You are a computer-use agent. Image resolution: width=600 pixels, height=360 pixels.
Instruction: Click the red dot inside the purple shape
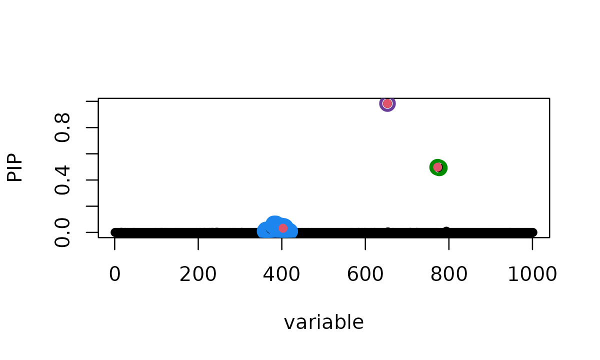[387, 103]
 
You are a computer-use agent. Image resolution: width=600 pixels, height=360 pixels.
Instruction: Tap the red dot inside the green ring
[437, 167]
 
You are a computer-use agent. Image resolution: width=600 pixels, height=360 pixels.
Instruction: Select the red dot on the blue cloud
[283, 228]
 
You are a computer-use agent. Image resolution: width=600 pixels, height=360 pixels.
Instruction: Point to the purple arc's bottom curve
[387, 110]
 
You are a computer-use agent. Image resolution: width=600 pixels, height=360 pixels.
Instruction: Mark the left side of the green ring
[431, 167]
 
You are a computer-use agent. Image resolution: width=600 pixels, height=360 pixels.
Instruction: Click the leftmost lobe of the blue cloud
[262, 230]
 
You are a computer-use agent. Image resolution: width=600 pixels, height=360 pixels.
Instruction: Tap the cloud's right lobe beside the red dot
[293, 230]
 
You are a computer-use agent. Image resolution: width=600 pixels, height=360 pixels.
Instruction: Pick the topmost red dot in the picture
[387, 103]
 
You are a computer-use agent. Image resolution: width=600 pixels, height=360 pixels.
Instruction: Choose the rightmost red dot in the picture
[437, 167]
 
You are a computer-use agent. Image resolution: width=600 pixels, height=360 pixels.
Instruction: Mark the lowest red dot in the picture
[283, 228]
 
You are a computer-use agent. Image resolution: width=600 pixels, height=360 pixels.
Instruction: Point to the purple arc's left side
[381, 103]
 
